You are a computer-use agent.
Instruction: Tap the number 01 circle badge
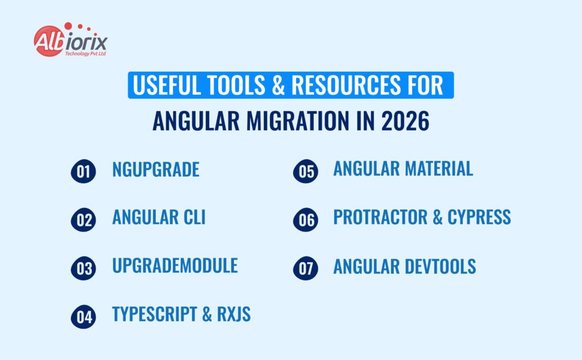click(83, 171)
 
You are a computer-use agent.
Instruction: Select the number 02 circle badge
click(83, 219)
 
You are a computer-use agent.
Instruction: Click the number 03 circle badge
click(83, 268)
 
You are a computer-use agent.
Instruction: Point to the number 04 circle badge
click(83, 317)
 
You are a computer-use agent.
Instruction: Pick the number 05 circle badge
click(305, 171)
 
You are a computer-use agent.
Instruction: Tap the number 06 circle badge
click(305, 219)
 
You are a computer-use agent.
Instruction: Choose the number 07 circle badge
click(305, 268)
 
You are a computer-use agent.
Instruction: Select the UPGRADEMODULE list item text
click(175, 266)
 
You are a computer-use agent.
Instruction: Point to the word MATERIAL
click(439, 169)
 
